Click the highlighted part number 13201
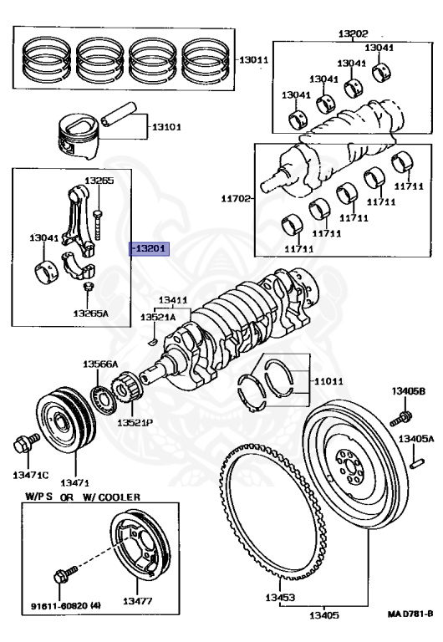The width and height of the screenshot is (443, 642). tap(150, 248)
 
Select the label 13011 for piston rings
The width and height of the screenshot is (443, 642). tap(254, 60)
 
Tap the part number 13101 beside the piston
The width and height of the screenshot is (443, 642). tap(166, 128)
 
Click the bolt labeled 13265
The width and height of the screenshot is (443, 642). tap(99, 216)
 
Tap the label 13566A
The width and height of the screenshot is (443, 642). tap(100, 364)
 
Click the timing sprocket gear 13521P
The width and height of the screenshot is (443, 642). tap(129, 396)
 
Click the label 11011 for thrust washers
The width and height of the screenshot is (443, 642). tap(328, 381)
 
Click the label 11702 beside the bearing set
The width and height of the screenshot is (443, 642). tap(236, 198)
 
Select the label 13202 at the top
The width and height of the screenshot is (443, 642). tap(352, 33)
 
